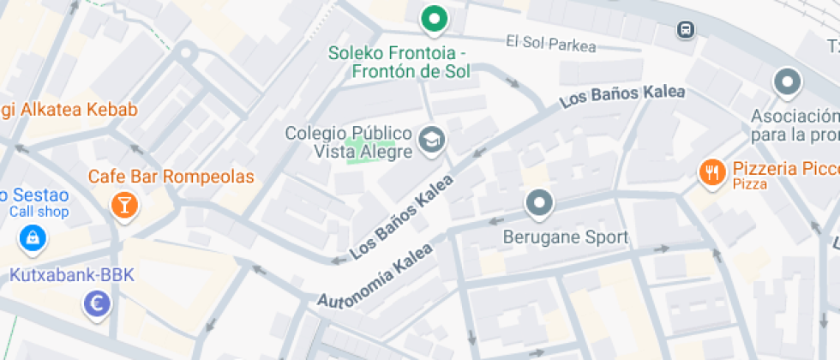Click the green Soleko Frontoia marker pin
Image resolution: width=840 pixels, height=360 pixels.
435,19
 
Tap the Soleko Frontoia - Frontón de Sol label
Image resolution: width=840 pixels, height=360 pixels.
399,62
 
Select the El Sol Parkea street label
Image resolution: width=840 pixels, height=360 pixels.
550,43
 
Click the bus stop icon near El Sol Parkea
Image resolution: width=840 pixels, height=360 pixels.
685,30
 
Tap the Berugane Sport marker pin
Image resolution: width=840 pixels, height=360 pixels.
539,204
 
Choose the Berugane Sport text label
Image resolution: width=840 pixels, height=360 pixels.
566,237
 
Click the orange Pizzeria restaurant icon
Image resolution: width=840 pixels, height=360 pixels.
711,172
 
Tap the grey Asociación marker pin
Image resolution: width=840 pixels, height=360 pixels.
786,84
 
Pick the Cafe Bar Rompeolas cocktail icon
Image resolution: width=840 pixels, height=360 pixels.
124,204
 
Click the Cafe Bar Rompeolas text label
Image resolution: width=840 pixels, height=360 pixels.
171,177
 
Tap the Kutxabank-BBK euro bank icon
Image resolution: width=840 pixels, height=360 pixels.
97,303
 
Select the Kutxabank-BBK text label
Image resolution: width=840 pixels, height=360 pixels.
72,275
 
